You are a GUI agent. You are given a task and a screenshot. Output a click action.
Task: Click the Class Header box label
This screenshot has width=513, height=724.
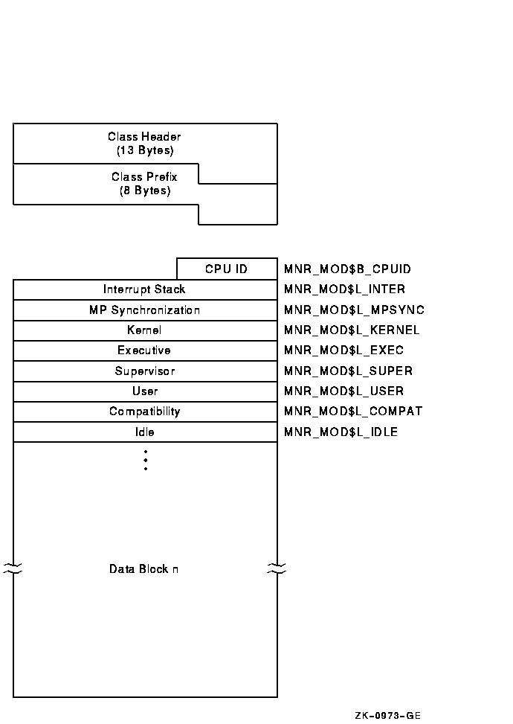click(x=144, y=137)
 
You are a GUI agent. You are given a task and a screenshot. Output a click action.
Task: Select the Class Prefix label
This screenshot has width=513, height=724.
click(x=144, y=177)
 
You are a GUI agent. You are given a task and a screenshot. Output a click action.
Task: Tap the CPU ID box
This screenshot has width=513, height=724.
click(x=227, y=269)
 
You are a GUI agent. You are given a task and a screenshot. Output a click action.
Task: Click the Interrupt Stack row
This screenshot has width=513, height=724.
click(x=144, y=289)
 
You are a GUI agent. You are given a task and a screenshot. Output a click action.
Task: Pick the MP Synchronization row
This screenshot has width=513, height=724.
click(x=144, y=310)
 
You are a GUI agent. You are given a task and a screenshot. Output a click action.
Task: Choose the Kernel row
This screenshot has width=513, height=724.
click(x=144, y=330)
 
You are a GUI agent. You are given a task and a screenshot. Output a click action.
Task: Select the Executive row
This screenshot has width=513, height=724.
click(x=144, y=350)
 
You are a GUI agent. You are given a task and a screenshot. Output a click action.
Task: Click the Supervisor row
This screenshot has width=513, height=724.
click(x=144, y=371)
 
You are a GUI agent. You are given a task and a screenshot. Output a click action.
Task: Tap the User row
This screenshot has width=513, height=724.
click(x=144, y=391)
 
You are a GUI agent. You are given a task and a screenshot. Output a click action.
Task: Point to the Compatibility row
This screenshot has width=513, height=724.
click(x=144, y=411)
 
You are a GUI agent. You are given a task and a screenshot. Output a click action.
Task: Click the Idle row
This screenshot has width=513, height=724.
click(x=144, y=432)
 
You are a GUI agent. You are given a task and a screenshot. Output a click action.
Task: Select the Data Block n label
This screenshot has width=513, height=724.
click(x=143, y=569)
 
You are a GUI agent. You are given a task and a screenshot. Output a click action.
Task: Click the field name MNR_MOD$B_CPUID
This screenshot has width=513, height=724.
click(x=347, y=269)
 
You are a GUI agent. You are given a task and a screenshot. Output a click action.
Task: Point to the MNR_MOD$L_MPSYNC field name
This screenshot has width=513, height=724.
click(x=354, y=310)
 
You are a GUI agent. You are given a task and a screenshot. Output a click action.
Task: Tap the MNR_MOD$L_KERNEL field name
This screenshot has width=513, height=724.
click(x=352, y=330)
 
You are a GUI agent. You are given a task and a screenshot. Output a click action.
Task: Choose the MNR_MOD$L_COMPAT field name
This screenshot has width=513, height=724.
click(x=352, y=411)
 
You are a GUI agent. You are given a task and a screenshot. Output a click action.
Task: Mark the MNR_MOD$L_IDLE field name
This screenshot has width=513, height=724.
click(x=341, y=432)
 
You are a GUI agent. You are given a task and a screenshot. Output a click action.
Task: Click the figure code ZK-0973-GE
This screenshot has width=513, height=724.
click(x=387, y=716)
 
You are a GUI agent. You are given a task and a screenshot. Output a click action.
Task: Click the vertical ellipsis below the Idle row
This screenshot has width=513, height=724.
click(x=146, y=460)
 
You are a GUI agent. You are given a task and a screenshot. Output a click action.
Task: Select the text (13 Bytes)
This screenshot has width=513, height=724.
click(x=144, y=150)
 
